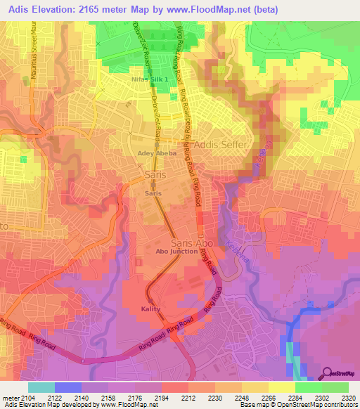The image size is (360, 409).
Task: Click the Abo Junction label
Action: point(176,251)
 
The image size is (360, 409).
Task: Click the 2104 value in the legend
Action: point(28,398)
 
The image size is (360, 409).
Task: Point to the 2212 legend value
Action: point(188,398)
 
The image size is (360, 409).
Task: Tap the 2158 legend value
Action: point(108,398)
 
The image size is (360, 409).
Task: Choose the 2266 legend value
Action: point(269,398)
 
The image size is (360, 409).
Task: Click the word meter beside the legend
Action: point(10,398)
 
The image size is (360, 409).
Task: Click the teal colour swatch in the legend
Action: point(41,387)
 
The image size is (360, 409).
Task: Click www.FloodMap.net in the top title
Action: point(211,10)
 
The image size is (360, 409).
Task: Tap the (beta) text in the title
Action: point(264,10)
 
